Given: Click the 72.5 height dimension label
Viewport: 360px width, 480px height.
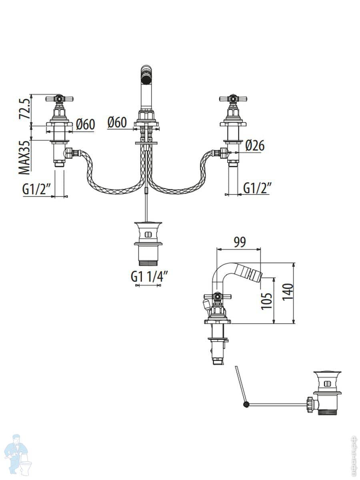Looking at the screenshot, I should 25,109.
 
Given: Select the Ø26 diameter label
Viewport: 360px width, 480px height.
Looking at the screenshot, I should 255,146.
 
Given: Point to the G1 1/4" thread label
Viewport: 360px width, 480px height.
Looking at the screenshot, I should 149,276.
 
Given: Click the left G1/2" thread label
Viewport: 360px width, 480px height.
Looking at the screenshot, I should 37,189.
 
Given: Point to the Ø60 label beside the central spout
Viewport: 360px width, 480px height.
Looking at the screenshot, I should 117,122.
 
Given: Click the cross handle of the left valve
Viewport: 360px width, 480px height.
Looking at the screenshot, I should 60,98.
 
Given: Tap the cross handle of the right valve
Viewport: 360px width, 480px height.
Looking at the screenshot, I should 233,98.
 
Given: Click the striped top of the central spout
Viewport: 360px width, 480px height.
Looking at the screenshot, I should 146,74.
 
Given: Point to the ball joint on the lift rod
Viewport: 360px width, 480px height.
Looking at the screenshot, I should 246,405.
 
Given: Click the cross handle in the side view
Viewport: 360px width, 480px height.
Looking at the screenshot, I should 217,296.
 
